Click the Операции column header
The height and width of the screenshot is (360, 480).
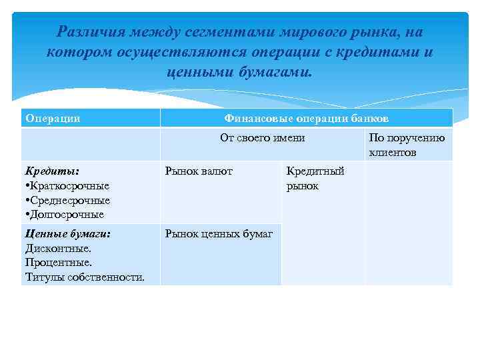(x=53, y=118)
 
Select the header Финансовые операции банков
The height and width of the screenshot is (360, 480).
(x=307, y=118)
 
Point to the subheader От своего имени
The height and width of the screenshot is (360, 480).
(x=262, y=138)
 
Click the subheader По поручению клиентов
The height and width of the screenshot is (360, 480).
(x=407, y=145)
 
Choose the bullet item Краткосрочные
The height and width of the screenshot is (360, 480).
(x=69, y=186)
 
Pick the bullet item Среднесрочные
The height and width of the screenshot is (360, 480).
(x=69, y=200)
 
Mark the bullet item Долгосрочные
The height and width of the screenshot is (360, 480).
(x=67, y=215)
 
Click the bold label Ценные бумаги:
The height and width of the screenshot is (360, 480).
(x=67, y=233)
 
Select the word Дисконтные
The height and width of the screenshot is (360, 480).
(x=57, y=248)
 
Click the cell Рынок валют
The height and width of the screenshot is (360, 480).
(x=199, y=171)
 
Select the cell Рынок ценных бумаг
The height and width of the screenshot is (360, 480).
(x=219, y=233)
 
